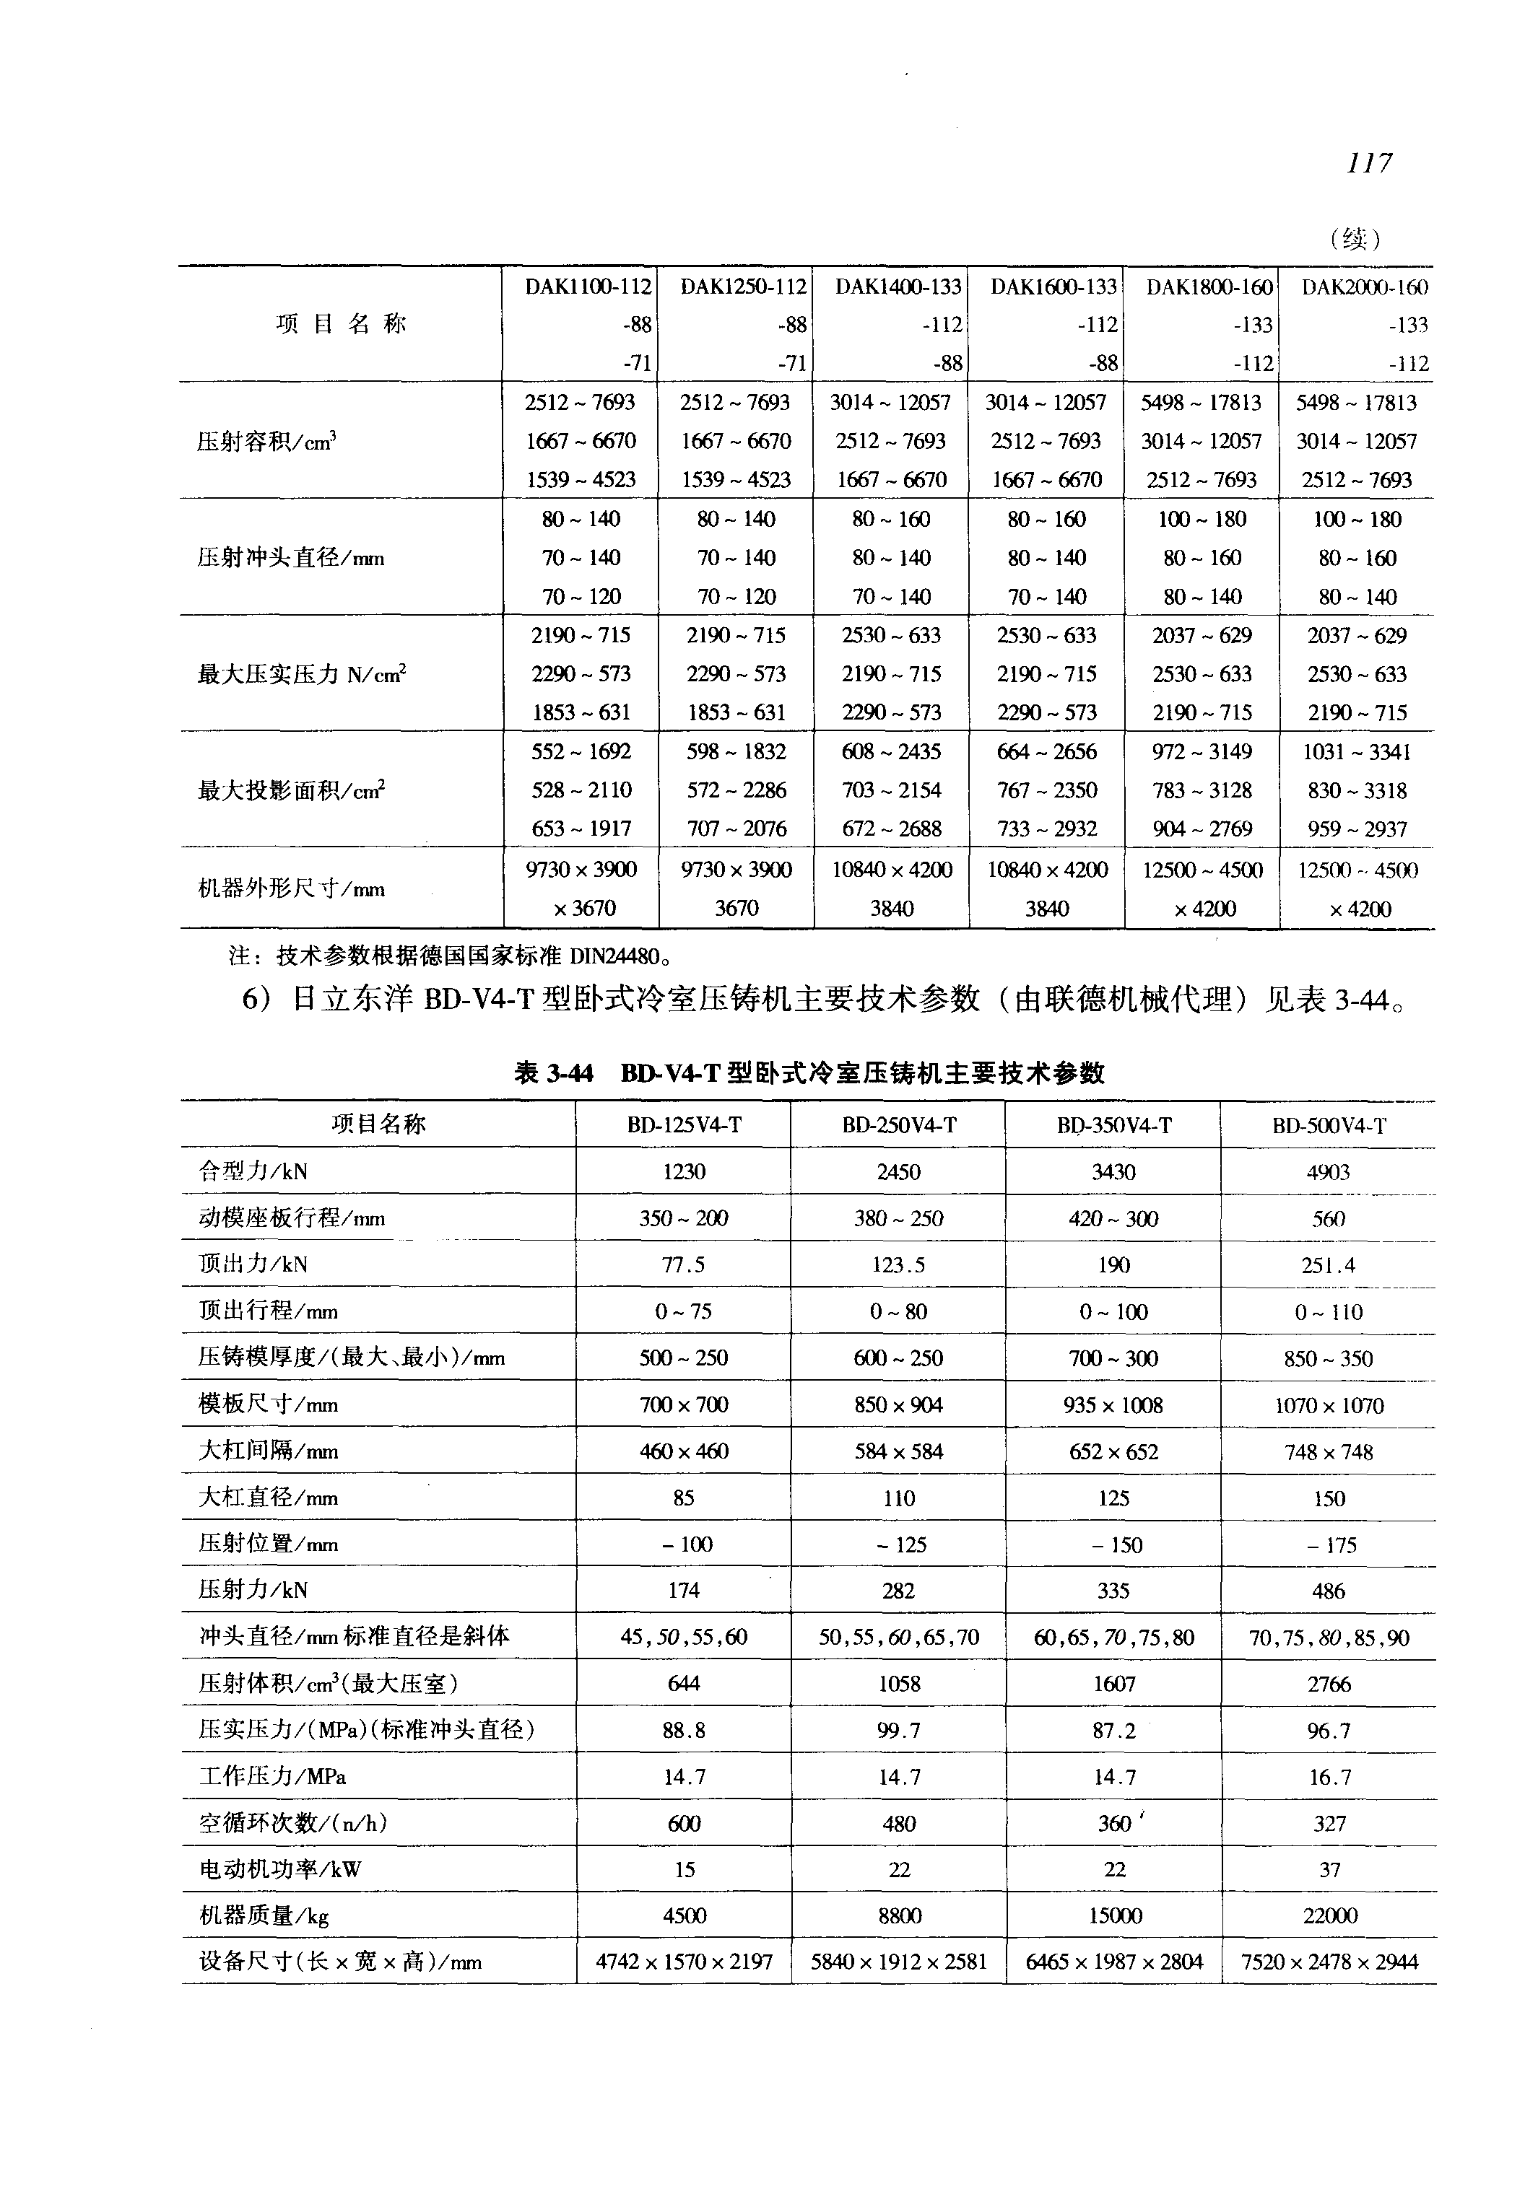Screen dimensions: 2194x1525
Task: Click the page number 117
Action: click(x=1368, y=163)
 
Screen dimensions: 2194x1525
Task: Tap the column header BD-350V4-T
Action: click(x=1113, y=1125)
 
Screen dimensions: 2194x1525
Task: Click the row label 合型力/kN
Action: click(x=253, y=1171)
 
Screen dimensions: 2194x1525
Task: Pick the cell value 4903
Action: click(x=1328, y=1172)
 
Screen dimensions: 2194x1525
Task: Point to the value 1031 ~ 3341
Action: click(x=1357, y=752)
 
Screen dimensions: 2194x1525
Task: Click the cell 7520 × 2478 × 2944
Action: click(x=1329, y=1962)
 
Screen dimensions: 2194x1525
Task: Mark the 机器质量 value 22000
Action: click(x=1329, y=1916)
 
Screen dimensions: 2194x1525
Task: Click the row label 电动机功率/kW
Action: click(x=280, y=1869)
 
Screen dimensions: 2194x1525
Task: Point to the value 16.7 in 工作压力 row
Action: click(x=1329, y=1777)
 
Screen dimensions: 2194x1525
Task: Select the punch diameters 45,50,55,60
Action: click(x=683, y=1637)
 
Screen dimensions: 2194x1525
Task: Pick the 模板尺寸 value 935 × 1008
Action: click(x=1113, y=1405)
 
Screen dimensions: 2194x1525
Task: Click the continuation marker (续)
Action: click(x=1355, y=238)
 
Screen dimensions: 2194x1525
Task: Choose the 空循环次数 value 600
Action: click(x=683, y=1823)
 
